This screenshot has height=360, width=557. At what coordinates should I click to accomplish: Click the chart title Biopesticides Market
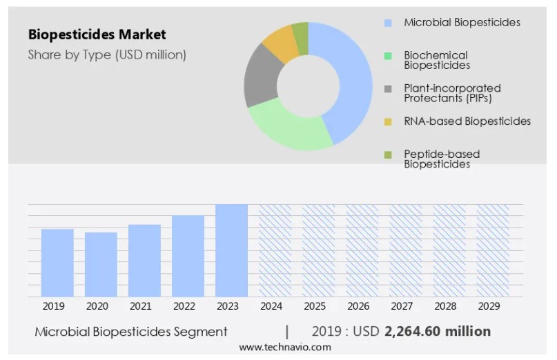click(x=97, y=34)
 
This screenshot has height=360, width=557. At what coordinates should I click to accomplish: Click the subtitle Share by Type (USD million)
click(x=107, y=54)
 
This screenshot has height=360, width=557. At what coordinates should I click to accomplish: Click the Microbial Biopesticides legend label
click(x=462, y=23)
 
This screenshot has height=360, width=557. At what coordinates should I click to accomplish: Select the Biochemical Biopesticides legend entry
click(x=436, y=60)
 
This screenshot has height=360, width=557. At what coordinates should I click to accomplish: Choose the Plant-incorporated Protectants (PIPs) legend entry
click(x=452, y=92)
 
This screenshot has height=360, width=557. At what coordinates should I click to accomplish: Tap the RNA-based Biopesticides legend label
click(x=467, y=121)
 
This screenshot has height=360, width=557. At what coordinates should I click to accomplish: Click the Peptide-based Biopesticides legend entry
click(x=442, y=159)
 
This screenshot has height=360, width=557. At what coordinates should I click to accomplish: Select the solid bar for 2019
click(x=57, y=263)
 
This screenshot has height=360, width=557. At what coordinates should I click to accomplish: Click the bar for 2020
click(x=101, y=264)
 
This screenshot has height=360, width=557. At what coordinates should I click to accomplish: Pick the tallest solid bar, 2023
click(x=231, y=250)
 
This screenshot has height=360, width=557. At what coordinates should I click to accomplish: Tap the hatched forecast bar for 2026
click(x=362, y=250)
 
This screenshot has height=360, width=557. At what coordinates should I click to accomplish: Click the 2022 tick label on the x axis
click(x=184, y=306)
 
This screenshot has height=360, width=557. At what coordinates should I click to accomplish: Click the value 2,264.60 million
click(x=438, y=331)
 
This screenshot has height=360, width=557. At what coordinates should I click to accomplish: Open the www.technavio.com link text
click(x=285, y=348)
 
